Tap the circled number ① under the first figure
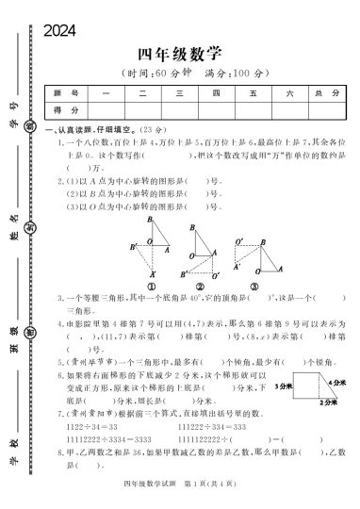(151, 287)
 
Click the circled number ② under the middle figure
(201, 287)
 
